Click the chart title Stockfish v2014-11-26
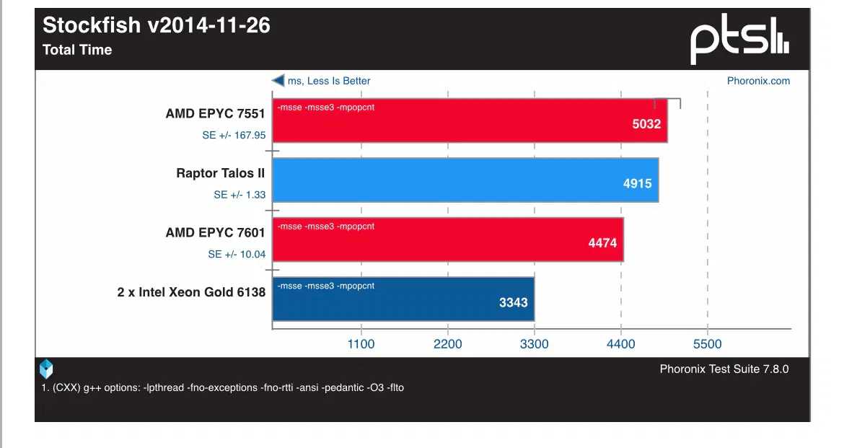point(157,26)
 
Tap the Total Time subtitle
point(77,50)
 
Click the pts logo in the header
point(739,40)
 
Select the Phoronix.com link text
point(758,81)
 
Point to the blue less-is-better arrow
point(278,81)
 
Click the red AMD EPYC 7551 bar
point(469,120)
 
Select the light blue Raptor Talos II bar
point(465,180)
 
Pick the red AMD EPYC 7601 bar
point(447,240)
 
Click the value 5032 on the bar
point(646,123)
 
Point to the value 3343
point(514,302)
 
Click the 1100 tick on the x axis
point(361,344)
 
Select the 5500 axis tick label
point(707,344)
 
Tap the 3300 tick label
point(534,344)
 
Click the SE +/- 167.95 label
point(234,135)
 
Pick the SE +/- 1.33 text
point(239,195)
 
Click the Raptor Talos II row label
point(221,173)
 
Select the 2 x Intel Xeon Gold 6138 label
point(191,292)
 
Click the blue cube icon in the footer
point(46,369)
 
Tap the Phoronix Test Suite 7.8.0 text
point(724,369)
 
